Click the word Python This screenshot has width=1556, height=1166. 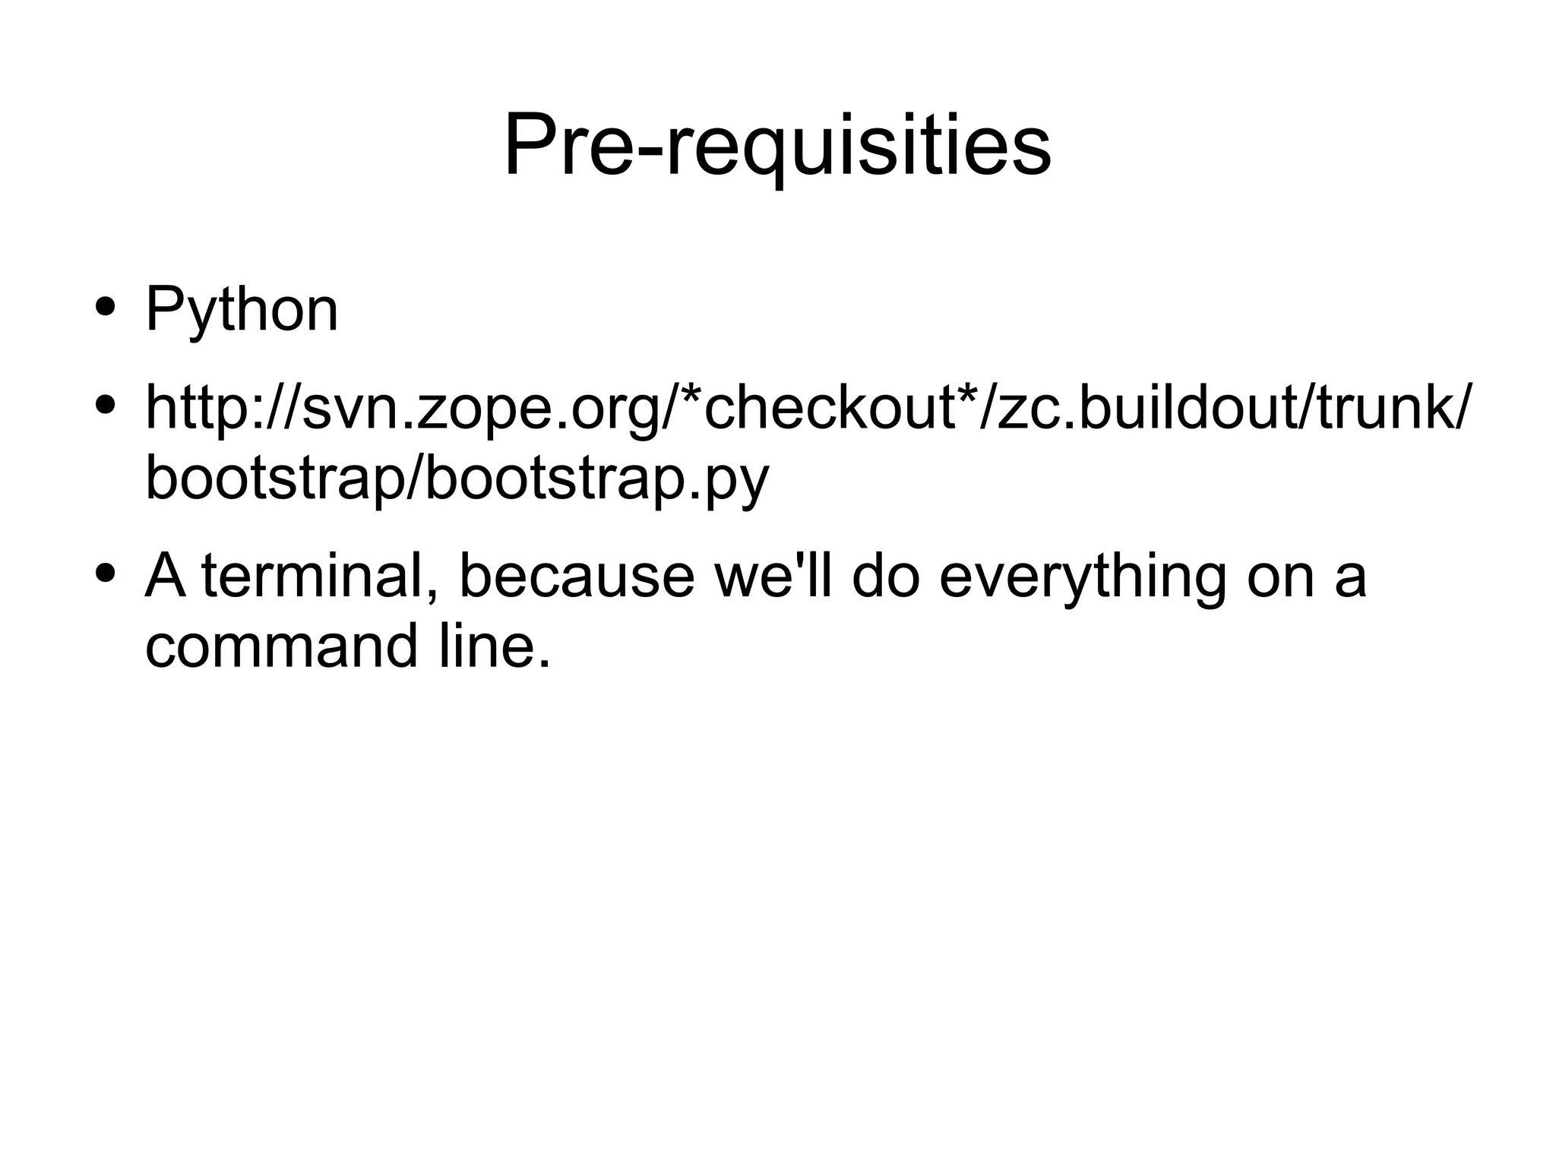[x=242, y=309]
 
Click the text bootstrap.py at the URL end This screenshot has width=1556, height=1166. [x=597, y=479]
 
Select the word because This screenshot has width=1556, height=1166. [x=577, y=575]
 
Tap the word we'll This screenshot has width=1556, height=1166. [x=771, y=575]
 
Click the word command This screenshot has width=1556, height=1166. [x=281, y=646]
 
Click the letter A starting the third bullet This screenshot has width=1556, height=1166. [x=166, y=575]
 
